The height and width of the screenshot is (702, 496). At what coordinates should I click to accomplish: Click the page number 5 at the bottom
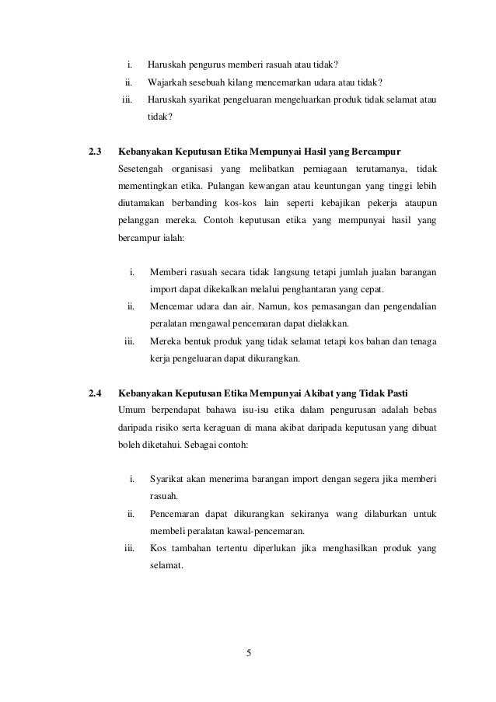tap(248, 651)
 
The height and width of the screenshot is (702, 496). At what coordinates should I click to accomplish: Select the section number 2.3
tap(97, 148)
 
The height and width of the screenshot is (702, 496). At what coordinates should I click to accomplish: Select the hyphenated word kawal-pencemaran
tap(261, 532)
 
